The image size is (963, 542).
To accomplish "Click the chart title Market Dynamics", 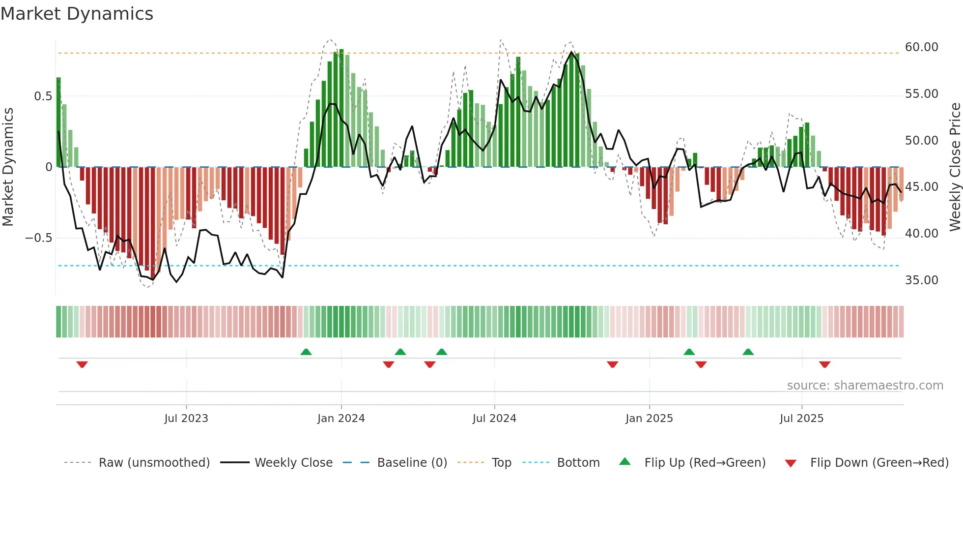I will [x=77, y=14].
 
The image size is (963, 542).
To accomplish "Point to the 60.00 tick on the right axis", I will [x=921, y=47].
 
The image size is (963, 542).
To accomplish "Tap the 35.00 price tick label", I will [x=921, y=280].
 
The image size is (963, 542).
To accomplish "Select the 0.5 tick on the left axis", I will [x=43, y=96].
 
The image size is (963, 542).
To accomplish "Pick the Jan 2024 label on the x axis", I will [x=341, y=419].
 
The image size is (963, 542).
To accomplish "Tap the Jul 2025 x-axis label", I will [x=801, y=419].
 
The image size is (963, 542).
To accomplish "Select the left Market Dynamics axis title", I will [x=8, y=167].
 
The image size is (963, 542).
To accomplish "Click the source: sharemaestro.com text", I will [x=865, y=386].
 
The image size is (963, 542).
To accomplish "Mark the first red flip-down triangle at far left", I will [x=82, y=364].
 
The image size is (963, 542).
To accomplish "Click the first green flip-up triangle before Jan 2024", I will [x=306, y=352].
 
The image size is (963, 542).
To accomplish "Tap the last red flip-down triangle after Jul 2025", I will [x=824, y=364].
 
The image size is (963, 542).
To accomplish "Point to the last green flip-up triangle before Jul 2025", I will [x=748, y=352].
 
